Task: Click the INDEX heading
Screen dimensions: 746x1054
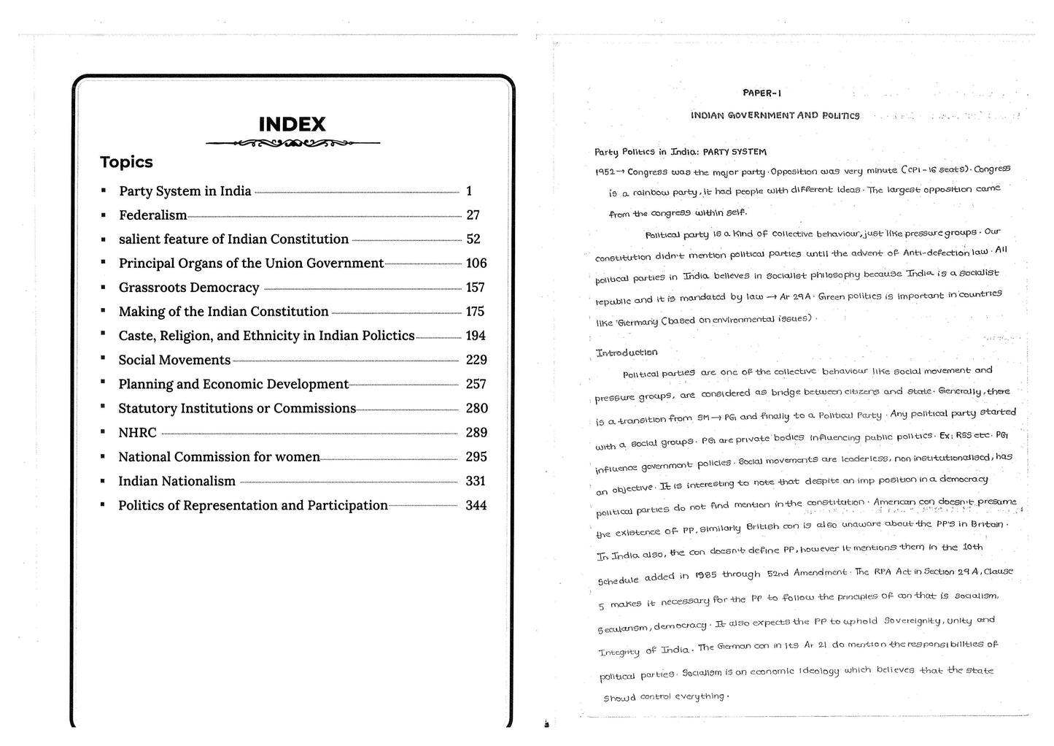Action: [x=292, y=124]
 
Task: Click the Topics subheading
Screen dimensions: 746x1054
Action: [x=126, y=162]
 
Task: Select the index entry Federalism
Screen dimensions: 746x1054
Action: [x=153, y=215]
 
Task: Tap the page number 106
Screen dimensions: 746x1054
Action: [x=476, y=264]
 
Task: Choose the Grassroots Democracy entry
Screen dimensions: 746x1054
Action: [x=189, y=288]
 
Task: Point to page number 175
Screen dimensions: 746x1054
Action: [x=475, y=312]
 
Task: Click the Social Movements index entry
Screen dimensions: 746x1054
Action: [x=174, y=360]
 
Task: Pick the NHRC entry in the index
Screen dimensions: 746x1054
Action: [x=137, y=433]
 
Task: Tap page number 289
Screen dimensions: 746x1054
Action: [x=476, y=433]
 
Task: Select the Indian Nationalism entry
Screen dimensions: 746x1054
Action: [x=177, y=481]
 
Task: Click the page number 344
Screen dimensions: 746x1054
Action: [x=476, y=505]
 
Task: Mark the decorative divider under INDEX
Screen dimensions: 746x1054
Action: [x=292, y=144]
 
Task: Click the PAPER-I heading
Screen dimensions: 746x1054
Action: [x=762, y=93]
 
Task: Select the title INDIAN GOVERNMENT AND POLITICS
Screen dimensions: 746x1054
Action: [x=775, y=115]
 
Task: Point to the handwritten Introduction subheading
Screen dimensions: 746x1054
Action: [x=627, y=353]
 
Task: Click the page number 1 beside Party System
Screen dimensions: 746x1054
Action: [x=469, y=191]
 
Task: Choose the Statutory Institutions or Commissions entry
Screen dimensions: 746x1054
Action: [x=237, y=409]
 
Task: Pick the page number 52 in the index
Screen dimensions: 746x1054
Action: [x=473, y=239]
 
